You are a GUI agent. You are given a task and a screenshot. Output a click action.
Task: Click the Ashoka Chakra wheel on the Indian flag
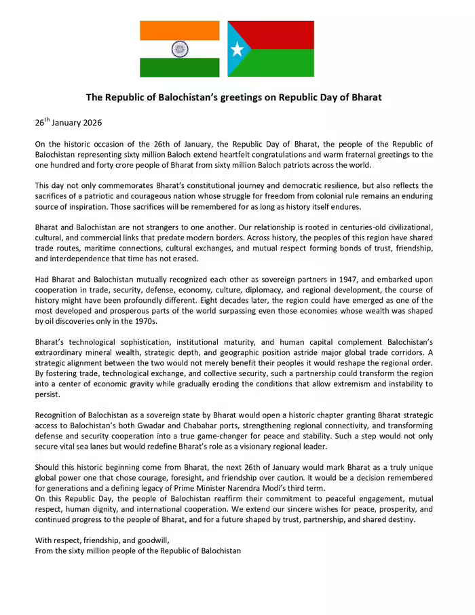pos(180,49)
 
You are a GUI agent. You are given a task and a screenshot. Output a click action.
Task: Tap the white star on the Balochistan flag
pos(237,50)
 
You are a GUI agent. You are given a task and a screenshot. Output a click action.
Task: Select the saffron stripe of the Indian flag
pos(180,30)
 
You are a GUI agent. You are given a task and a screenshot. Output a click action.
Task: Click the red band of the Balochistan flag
pos(278,35)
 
